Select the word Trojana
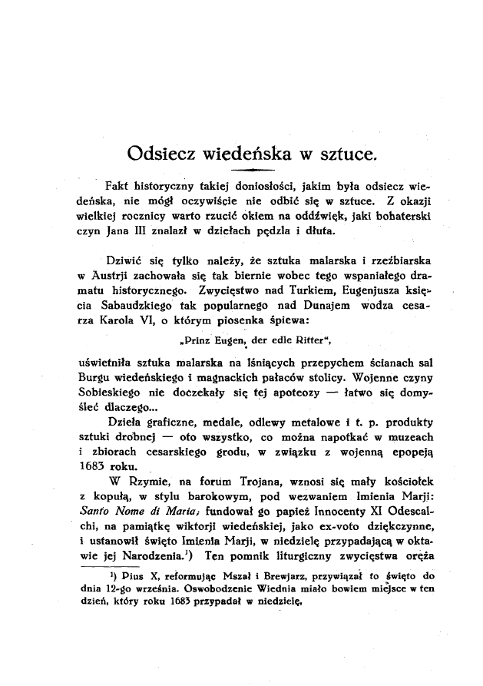click(259, 480)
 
